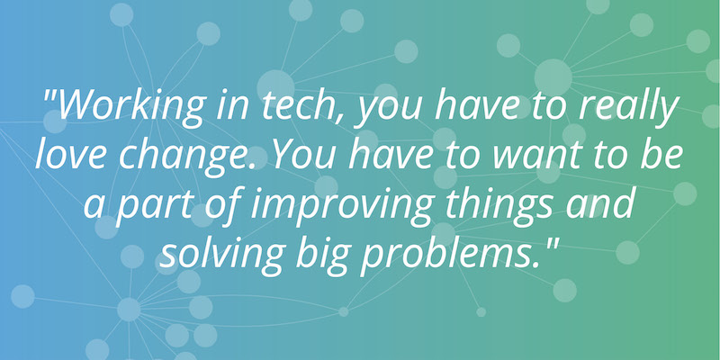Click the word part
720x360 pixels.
[x=153, y=207]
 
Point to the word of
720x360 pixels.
[x=222, y=204]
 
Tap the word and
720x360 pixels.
[x=600, y=203]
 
